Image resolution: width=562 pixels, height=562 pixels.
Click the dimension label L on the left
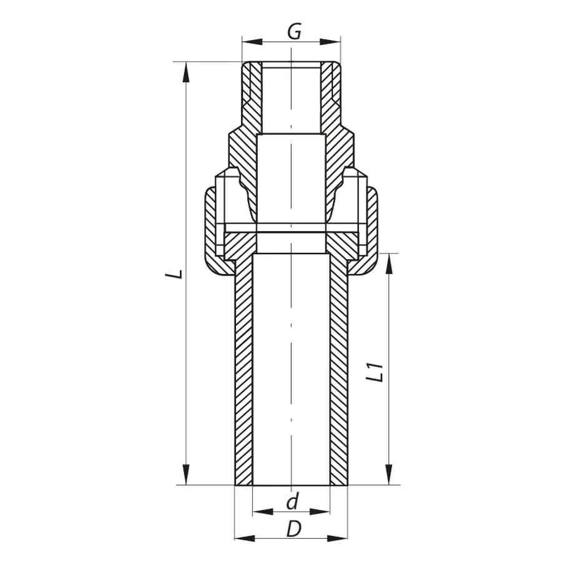pos(179,273)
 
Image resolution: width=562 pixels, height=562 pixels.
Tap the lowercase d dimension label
pos(292,501)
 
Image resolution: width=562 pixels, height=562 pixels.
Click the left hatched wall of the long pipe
pos(243,375)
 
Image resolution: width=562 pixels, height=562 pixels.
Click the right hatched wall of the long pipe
pos(338,375)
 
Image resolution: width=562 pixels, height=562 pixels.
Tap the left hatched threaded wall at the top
pos(251,94)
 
